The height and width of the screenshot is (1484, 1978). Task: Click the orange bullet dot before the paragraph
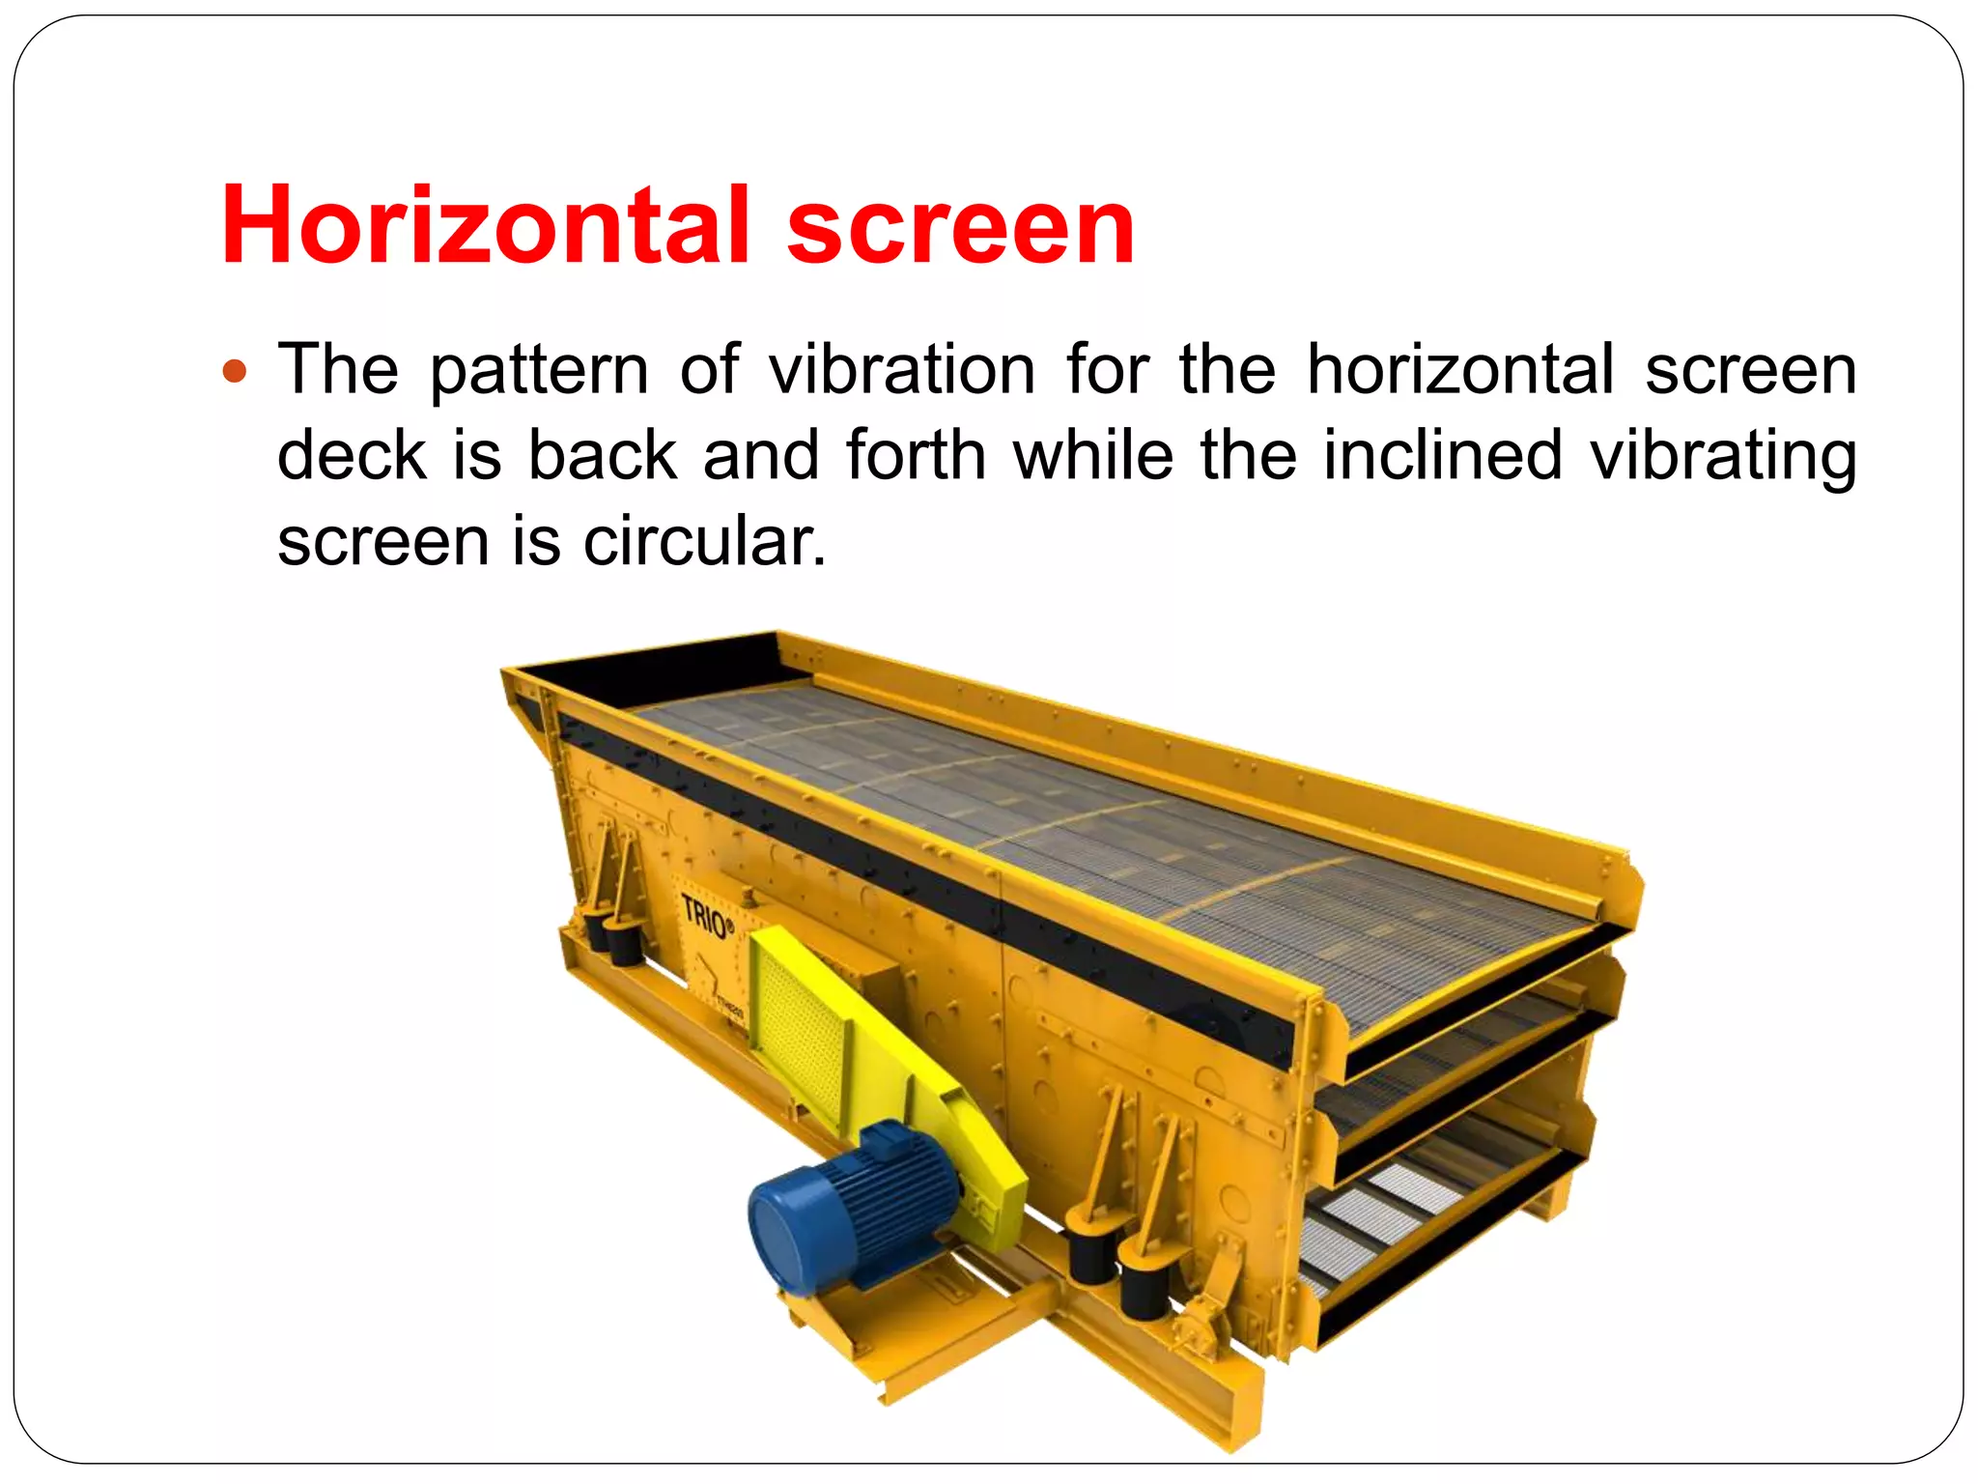click(235, 371)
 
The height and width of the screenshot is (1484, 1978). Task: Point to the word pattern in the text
click(538, 372)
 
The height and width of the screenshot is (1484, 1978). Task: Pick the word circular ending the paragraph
click(704, 541)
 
